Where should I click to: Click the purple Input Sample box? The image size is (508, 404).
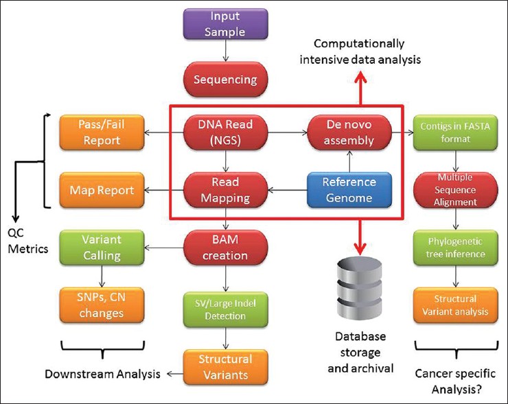tap(225, 24)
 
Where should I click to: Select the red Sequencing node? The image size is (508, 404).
tap(225, 80)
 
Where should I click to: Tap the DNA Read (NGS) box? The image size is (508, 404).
tap(225, 132)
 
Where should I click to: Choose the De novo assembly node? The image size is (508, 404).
tap(349, 132)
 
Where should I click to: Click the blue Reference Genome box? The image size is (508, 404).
tap(349, 190)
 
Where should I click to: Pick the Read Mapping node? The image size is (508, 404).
tap(225, 190)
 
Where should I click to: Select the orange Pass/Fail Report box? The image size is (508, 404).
tap(102, 132)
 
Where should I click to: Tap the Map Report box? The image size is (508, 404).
tap(102, 190)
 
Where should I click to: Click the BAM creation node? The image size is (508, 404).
tap(225, 248)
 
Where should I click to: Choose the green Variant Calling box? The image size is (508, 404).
tap(102, 248)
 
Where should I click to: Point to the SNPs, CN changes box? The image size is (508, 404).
tap(102, 305)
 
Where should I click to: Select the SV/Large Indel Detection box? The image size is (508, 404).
tap(225, 309)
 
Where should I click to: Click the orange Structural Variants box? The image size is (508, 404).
tap(225, 367)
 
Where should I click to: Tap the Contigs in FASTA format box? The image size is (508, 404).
tap(456, 132)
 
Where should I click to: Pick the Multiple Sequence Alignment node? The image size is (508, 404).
tap(456, 190)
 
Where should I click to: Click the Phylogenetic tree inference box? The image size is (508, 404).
tap(456, 248)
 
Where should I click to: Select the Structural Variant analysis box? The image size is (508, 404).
tap(456, 305)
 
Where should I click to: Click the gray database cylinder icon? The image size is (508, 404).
tap(360, 288)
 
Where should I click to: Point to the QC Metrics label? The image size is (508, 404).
tap(28, 241)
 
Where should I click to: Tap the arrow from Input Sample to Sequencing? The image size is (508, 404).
tap(226, 51)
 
